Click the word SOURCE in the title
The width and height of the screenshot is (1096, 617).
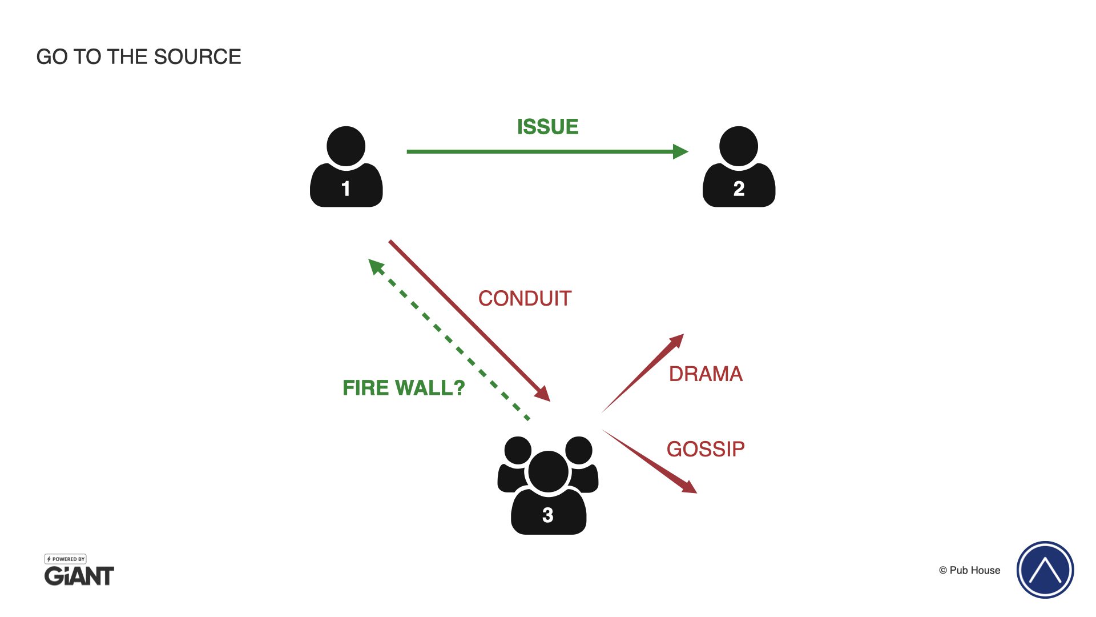click(x=197, y=57)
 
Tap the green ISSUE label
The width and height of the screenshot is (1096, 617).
click(x=547, y=127)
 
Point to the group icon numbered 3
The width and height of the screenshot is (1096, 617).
click(x=548, y=486)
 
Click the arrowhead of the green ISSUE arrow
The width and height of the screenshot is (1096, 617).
click(x=680, y=151)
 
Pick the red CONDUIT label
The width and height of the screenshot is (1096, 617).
click(x=525, y=298)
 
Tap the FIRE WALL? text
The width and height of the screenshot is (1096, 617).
click(x=404, y=388)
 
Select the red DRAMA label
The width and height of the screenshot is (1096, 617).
click(x=706, y=374)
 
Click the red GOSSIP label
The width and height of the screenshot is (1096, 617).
click(x=706, y=449)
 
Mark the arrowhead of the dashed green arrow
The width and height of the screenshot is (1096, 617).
click(x=376, y=266)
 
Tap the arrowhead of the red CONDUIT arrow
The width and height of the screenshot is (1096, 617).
click(x=543, y=394)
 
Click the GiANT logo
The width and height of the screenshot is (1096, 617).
click(x=79, y=576)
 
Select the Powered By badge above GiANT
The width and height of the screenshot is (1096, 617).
click(x=66, y=559)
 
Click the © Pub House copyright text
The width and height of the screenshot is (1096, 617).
click(x=969, y=570)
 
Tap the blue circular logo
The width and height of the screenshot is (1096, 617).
click(x=1045, y=570)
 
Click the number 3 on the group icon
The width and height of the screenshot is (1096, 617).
click(x=548, y=515)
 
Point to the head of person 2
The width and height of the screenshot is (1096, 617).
click(x=739, y=146)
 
